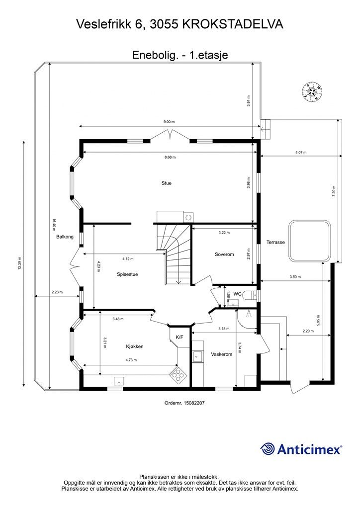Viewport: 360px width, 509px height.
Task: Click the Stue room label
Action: tap(167, 183)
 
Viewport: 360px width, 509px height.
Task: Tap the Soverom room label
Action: tap(224, 254)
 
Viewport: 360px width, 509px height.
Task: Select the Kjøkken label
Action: tap(135, 346)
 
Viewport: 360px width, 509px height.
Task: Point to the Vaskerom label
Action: tap(222, 354)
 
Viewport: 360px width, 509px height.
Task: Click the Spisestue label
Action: tap(127, 274)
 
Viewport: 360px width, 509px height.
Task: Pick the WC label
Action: tap(238, 294)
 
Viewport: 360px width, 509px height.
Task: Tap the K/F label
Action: tap(180, 338)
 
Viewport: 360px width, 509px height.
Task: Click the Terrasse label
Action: tap(275, 242)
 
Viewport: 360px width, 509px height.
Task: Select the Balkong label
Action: tap(65, 237)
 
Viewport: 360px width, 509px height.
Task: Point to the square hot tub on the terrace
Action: tap(310, 241)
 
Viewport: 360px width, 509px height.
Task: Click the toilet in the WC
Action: tap(251, 295)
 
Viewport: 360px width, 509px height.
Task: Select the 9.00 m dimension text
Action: tap(169, 122)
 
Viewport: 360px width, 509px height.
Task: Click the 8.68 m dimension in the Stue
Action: tap(170, 157)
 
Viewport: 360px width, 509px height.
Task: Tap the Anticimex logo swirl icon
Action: tap(268, 449)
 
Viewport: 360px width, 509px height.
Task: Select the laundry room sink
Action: tap(197, 356)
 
